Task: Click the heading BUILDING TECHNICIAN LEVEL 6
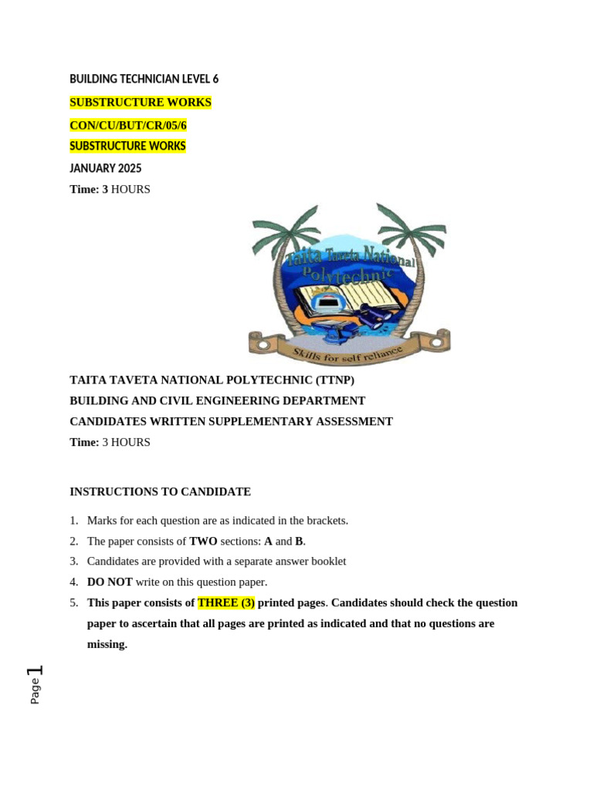pos(144,79)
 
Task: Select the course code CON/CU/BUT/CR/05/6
pos(128,125)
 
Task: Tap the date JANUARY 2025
pos(106,168)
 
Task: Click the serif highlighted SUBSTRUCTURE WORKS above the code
pos(140,103)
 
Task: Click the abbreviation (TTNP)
pos(334,380)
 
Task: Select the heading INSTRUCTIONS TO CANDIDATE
pos(160,492)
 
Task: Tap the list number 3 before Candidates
pos(74,562)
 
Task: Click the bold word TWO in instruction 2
pos(203,542)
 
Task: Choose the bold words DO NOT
pos(110,582)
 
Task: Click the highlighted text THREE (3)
pos(225,603)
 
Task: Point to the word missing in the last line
pos(106,644)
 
